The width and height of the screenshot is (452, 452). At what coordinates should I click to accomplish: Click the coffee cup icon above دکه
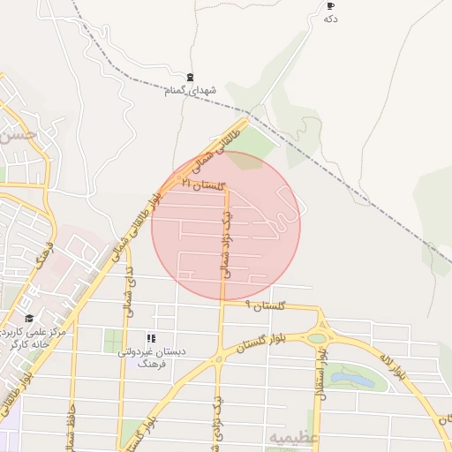pos(331,6)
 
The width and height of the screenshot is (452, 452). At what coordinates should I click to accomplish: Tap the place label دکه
pos(331,19)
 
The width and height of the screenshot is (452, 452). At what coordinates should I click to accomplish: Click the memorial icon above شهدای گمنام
pos(191,78)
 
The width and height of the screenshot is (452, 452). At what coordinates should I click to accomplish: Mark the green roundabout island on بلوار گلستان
pos(316,337)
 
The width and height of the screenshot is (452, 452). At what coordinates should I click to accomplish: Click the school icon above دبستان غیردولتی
pos(151,338)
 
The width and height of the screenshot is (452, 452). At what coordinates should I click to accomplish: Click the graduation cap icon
pos(29,319)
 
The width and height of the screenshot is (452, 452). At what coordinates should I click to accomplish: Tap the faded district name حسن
pos(18,136)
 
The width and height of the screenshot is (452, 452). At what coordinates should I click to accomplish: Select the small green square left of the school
pos(113,340)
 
